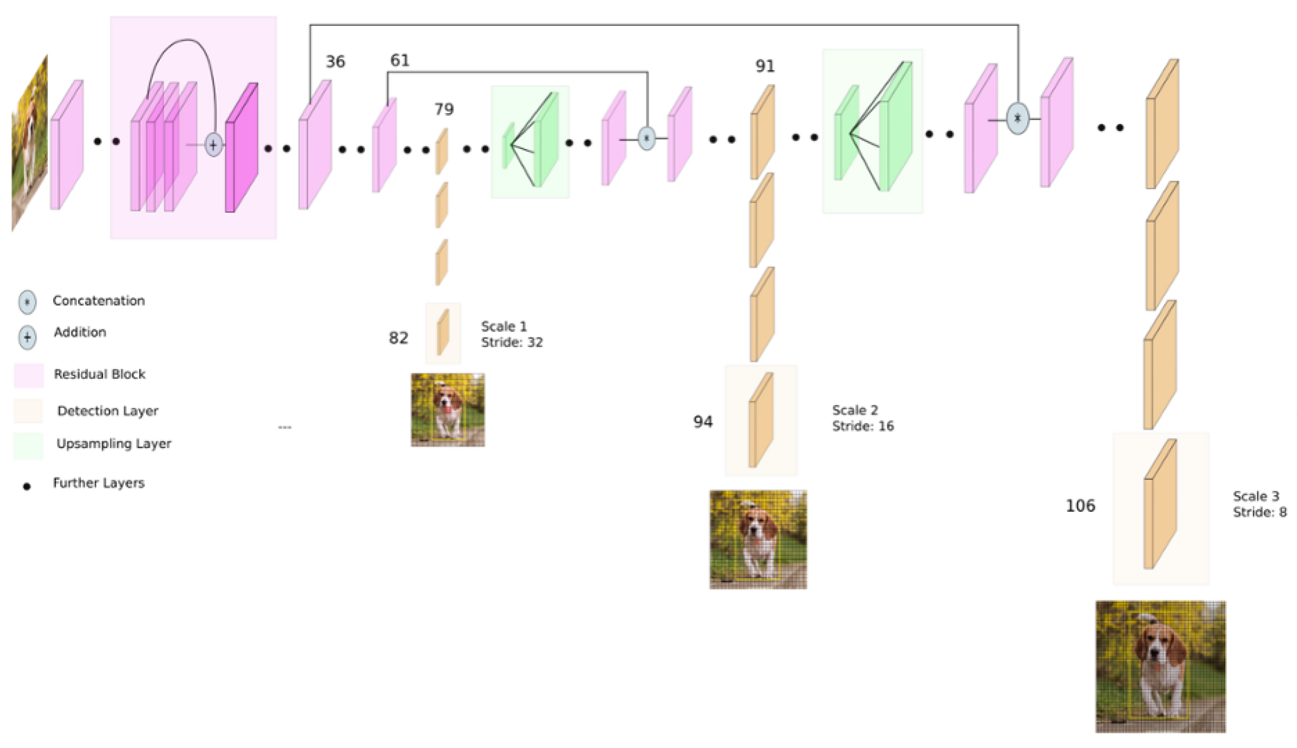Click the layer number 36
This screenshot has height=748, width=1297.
[335, 62]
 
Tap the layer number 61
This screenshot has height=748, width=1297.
[400, 60]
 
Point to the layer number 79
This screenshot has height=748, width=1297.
[444, 109]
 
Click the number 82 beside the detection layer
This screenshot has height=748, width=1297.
[398, 337]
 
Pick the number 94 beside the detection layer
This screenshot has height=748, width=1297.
[703, 422]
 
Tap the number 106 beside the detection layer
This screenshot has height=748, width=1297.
[1080, 505]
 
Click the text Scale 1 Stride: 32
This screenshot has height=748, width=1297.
[511, 334]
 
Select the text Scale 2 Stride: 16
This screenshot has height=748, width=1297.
[862, 418]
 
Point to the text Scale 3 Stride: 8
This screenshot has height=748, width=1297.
[1259, 504]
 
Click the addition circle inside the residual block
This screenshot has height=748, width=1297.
[213, 145]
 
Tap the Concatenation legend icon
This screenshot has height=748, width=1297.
[27, 302]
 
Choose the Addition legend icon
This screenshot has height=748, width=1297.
[27, 337]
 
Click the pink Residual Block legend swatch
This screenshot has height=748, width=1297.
[28, 375]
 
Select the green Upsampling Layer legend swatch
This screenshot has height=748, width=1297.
[28, 445]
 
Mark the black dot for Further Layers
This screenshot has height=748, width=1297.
[27, 486]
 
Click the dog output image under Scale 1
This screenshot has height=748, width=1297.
[447, 410]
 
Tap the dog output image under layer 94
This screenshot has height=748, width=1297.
[758, 539]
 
